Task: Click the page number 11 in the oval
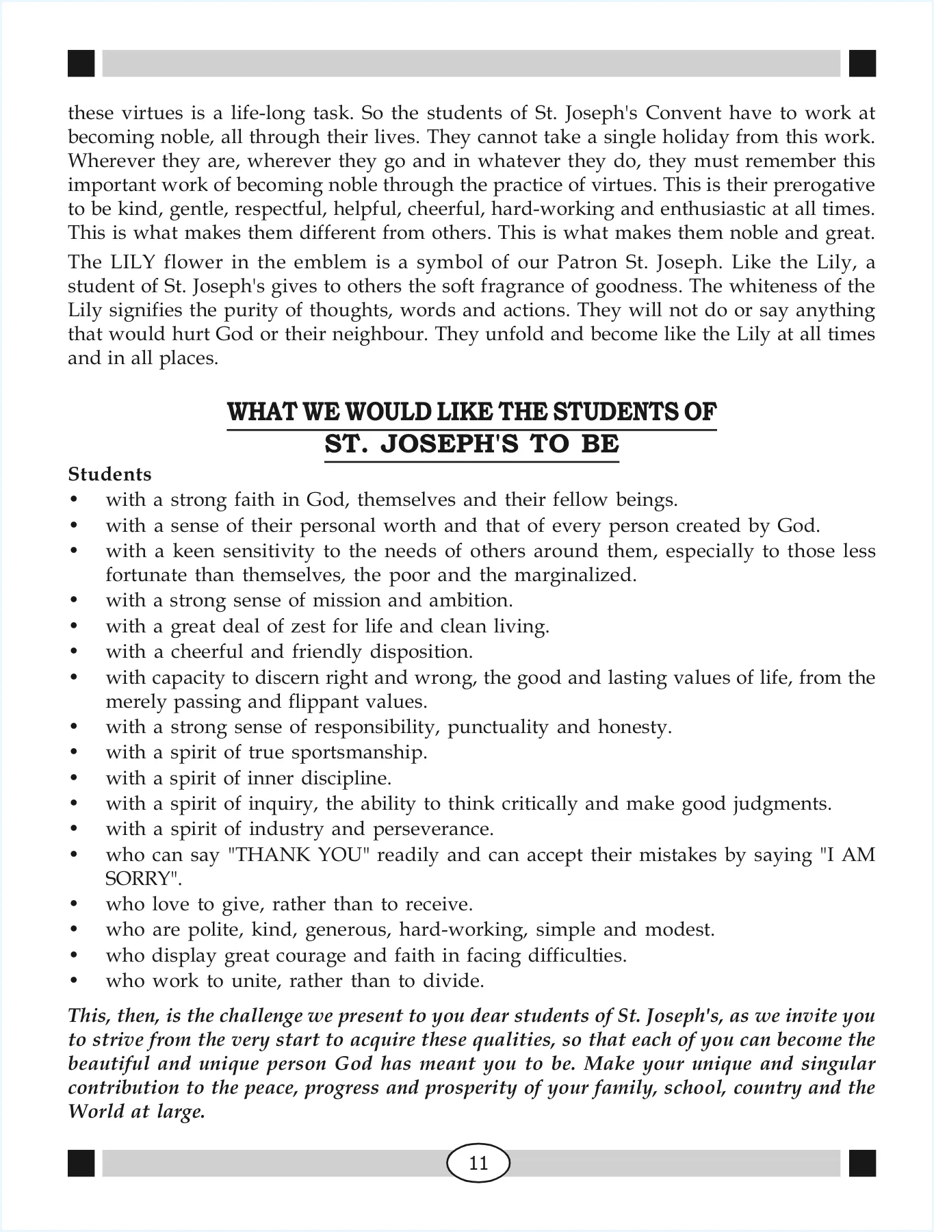click(478, 1163)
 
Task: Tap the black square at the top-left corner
click(81, 63)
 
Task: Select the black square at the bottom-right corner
click(862, 1163)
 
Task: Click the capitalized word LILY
click(123, 263)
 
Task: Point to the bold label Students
click(109, 474)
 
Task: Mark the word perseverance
click(432, 830)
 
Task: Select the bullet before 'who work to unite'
click(73, 981)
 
